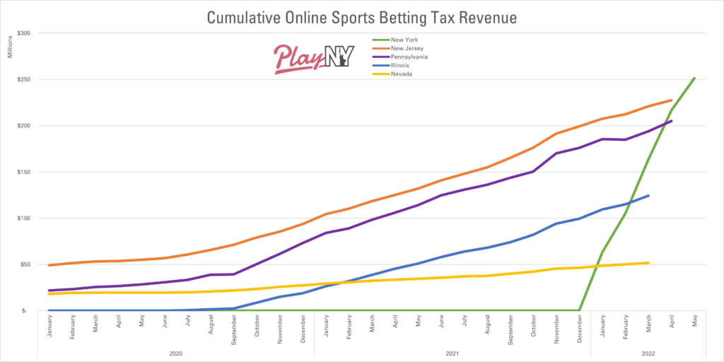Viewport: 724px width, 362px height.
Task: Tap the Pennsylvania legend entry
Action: point(404,56)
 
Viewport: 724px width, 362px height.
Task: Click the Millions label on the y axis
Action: point(11,46)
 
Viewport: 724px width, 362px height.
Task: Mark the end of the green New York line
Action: point(694,78)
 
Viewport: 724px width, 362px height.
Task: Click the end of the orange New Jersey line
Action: point(671,100)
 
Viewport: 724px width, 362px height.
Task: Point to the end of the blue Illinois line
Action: point(648,196)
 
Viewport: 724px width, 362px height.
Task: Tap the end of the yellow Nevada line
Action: point(648,263)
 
